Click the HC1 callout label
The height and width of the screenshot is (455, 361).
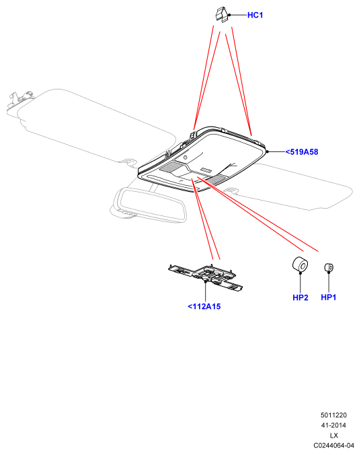[x=255, y=15]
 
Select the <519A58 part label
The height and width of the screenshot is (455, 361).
[x=302, y=151]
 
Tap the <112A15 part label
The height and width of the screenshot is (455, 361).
[x=204, y=306]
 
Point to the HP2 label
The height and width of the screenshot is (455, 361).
[x=300, y=297]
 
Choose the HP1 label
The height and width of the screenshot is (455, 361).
[x=329, y=297]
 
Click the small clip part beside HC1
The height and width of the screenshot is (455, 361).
[x=223, y=15]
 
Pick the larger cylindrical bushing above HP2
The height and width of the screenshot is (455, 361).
[x=300, y=264]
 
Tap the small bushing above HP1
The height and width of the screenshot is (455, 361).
[x=329, y=267]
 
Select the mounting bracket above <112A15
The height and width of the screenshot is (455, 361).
[x=206, y=277]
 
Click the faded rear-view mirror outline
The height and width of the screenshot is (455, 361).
[x=149, y=205]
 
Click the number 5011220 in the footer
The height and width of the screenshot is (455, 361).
[x=333, y=415]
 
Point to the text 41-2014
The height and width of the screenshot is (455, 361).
[x=333, y=425]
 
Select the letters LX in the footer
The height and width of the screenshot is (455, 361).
[x=333, y=435]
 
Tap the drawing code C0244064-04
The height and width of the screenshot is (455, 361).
[x=333, y=446]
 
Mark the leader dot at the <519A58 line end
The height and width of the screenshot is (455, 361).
[x=268, y=151]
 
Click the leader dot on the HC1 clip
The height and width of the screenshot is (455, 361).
[x=229, y=15]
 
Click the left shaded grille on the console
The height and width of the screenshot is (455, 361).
[x=172, y=166]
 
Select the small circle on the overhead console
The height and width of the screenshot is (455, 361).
[x=185, y=157]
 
